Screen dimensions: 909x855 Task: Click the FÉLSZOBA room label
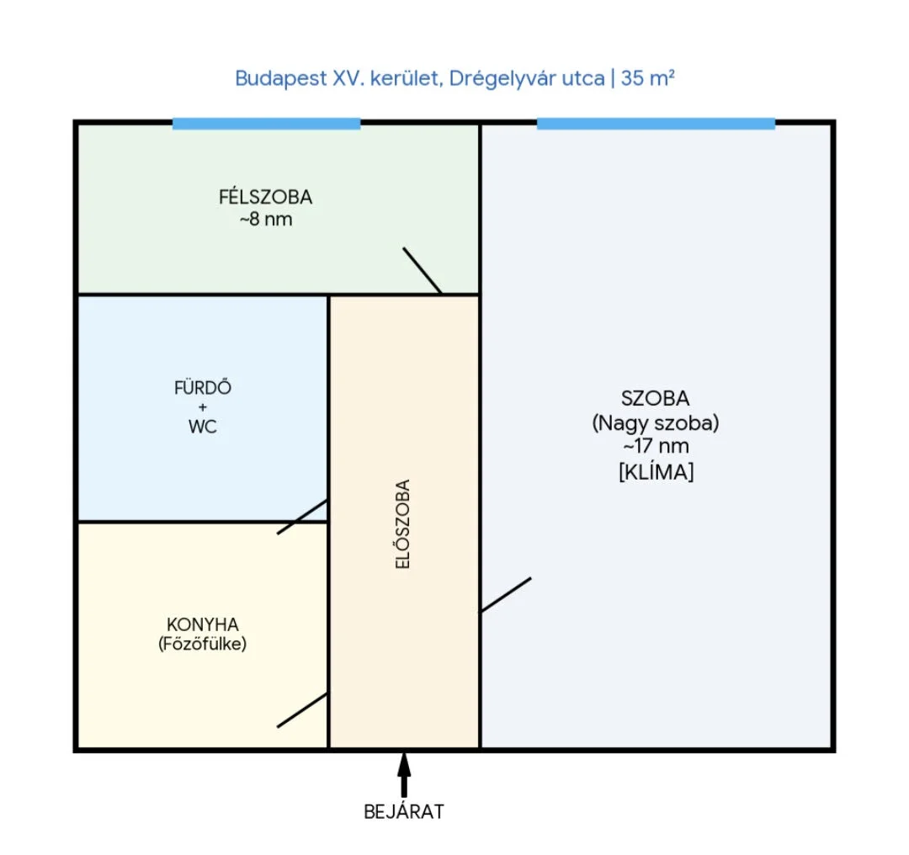265,197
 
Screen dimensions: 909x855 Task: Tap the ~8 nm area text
265,220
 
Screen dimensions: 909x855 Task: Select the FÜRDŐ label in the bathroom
202,387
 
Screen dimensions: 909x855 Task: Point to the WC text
202,427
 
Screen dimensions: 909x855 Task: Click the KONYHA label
202,624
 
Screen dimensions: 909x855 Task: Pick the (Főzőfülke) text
202,644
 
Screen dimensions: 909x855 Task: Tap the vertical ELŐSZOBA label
403,524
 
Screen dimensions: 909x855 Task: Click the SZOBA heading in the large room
655,399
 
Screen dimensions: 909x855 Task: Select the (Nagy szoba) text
655,423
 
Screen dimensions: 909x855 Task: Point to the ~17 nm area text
656,446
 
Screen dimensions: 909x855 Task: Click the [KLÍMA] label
656,472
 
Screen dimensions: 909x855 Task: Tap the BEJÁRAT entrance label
403,811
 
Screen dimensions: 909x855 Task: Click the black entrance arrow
404,774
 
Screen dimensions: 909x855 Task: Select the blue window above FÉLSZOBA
267,124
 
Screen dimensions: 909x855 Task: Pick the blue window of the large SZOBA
656,124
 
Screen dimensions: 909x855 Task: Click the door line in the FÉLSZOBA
422,271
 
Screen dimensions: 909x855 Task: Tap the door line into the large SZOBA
506,595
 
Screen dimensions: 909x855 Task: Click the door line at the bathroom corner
302,517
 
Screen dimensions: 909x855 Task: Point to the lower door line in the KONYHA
302,710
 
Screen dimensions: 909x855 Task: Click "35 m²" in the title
647,77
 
